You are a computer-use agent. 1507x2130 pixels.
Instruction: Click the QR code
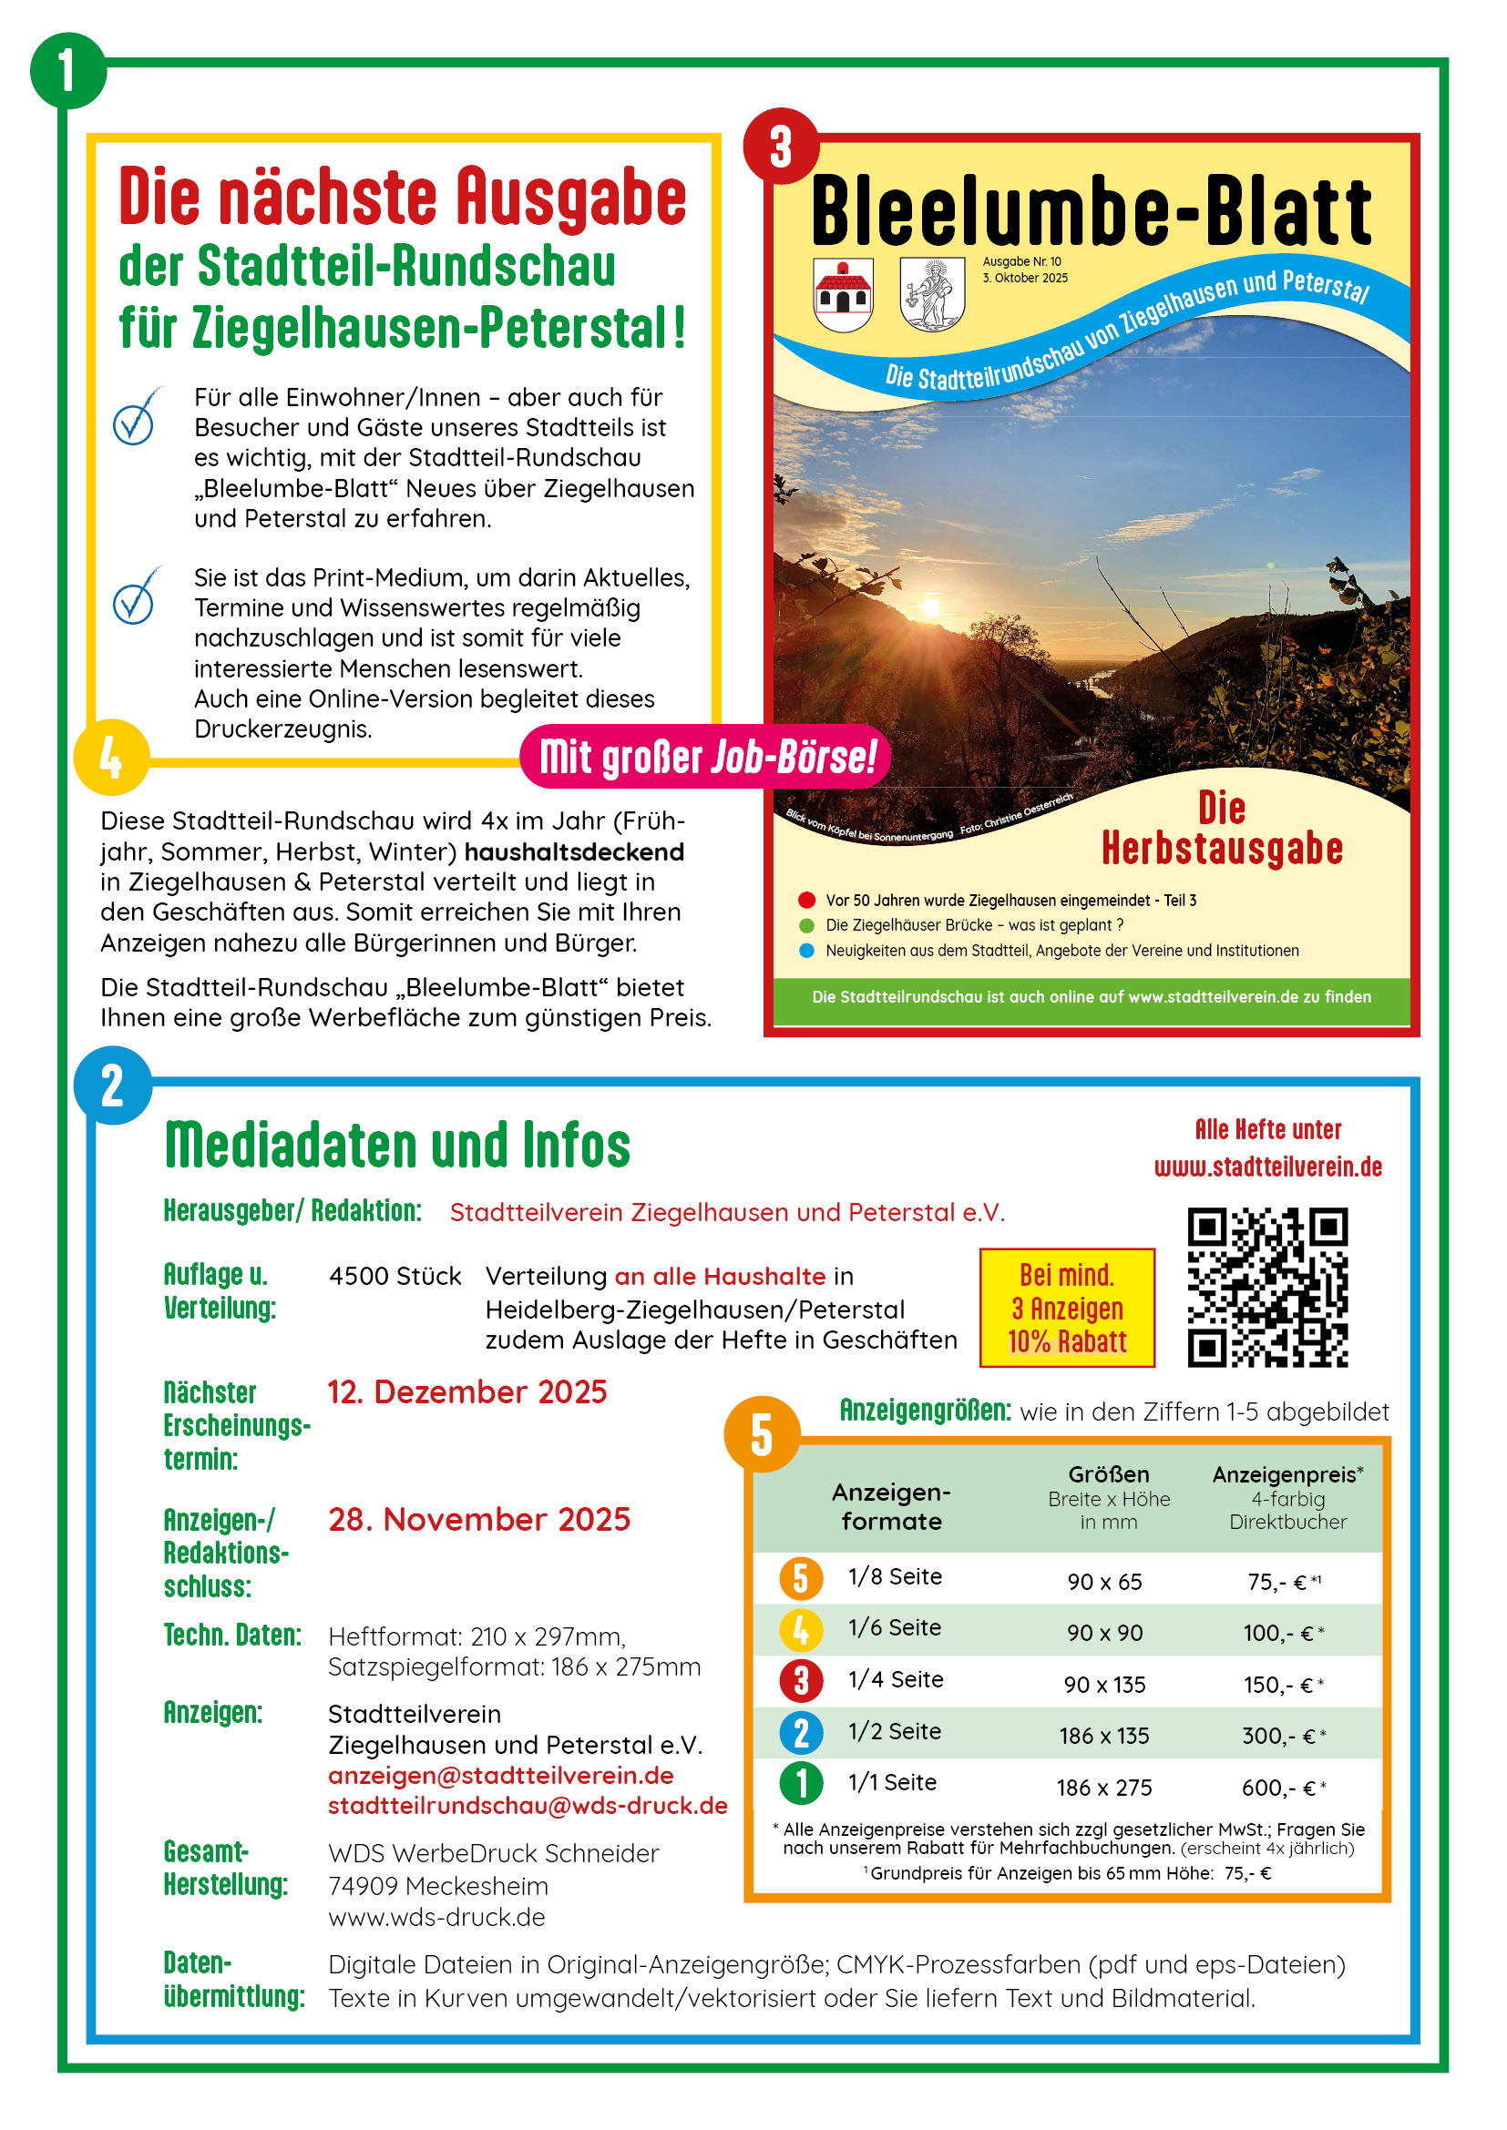click(x=1267, y=1287)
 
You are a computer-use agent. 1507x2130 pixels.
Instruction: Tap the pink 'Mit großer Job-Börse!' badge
click(x=705, y=757)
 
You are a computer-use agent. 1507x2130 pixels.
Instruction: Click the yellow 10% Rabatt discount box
click(x=1067, y=1308)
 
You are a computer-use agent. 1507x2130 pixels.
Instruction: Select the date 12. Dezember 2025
click(x=466, y=1392)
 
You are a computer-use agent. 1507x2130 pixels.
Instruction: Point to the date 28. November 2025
click(x=479, y=1520)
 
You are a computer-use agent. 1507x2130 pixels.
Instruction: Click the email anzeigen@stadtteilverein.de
click(x=501, y=1776)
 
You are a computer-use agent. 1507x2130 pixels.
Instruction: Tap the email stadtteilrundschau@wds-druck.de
click(x=527, y=1806)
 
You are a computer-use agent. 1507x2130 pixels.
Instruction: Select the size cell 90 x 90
click(x=1104, y=1633)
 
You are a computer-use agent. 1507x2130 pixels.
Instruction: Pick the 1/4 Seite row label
click(x=896, y=1679)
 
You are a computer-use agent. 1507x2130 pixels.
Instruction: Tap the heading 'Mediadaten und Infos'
click(x=397, y=1145)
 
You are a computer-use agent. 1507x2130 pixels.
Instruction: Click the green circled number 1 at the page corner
click(x=67, y=69)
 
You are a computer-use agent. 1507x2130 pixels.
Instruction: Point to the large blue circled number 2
click(x=112, y=1085)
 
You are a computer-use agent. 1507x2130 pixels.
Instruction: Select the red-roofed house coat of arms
click(x=843, y=294)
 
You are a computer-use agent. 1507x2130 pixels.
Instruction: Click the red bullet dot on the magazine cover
click(x=806, y=900)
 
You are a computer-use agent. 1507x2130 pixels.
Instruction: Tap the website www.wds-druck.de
click(x=436, y=1917)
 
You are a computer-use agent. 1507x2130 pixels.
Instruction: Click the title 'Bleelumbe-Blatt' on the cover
click(x=1091, y=211)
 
